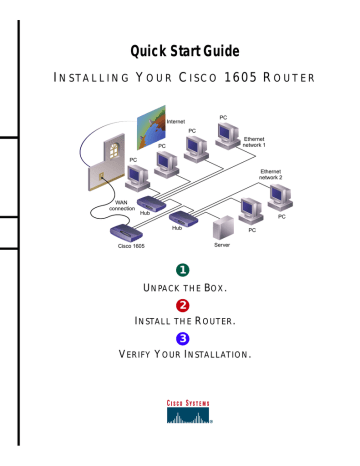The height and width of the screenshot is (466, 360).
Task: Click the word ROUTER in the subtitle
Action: click(x=290, y=78)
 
